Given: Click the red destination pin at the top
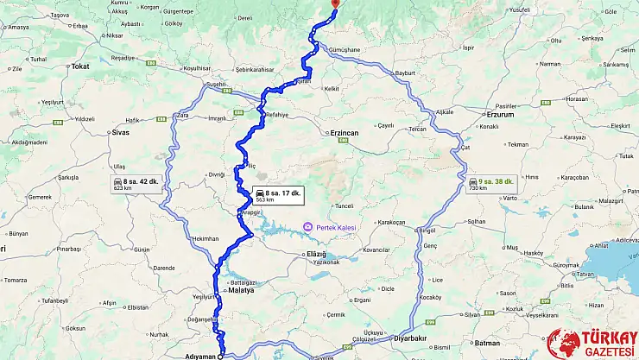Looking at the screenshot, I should (334, 5).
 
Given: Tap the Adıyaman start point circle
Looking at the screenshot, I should (220, 355).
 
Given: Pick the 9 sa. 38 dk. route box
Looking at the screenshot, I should (491, 183).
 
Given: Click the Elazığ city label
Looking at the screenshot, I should (317, 255).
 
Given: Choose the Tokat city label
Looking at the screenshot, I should (81, 66).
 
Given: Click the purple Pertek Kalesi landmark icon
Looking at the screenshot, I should (306, 227).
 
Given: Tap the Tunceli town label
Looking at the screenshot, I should (345, 206).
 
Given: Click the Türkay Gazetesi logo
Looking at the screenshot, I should (591, 342).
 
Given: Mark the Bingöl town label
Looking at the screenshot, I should (427, 231).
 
